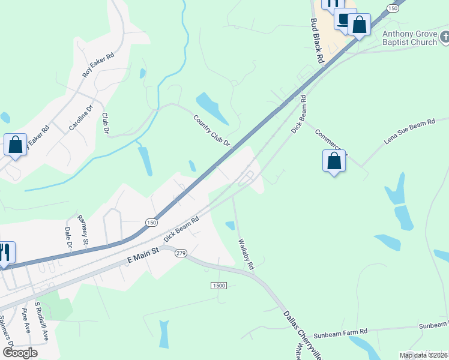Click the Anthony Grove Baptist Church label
tap(411, 38)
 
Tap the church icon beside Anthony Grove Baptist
tap(443, 38)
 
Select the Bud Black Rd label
tap(317, 41)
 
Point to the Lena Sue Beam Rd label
tap(409, 133)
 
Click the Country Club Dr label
tap(212, 130)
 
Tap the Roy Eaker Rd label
tap(98, 65)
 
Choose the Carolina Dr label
tap(81, 118)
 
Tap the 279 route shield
tap(181, 254)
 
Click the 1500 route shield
tap(218, 285)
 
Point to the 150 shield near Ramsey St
tap(151, 222)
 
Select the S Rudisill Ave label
tap(41, 320)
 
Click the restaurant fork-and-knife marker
tap(5, 253)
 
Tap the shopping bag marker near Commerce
tap(334, 161)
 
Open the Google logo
tap(19, 352)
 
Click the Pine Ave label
tap(26, 320)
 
